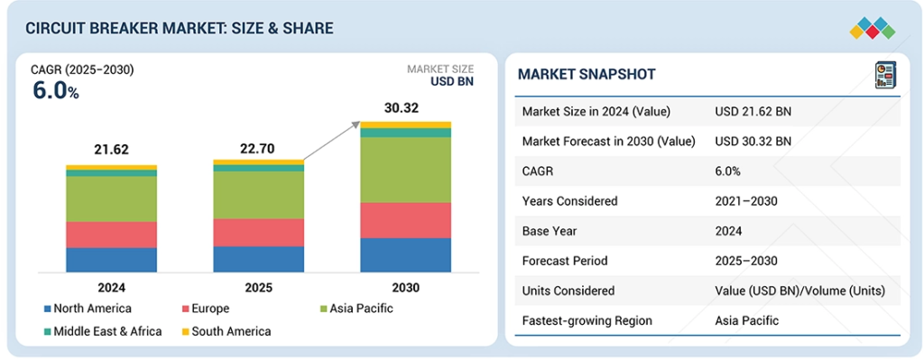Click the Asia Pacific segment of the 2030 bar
coord(405,170)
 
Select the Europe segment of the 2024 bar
coord(111,235)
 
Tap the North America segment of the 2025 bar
coord(259,259)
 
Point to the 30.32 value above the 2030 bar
coord(405,108)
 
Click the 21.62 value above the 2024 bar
coord(111,151)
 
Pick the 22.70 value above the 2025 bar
coord(258,149)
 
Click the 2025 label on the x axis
coord(258,288)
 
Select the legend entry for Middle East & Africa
coord(103,331)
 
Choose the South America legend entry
coord(226,331)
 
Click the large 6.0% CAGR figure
coord(55,91)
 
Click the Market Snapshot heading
coord(587,74)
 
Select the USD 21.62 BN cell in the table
coord(753,111)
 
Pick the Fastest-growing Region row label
coord(587,320)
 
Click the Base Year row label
coord(548,231)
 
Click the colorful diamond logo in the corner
coord(873,28)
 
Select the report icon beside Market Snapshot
coord(885,76)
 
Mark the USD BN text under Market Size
coord(452,81)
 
